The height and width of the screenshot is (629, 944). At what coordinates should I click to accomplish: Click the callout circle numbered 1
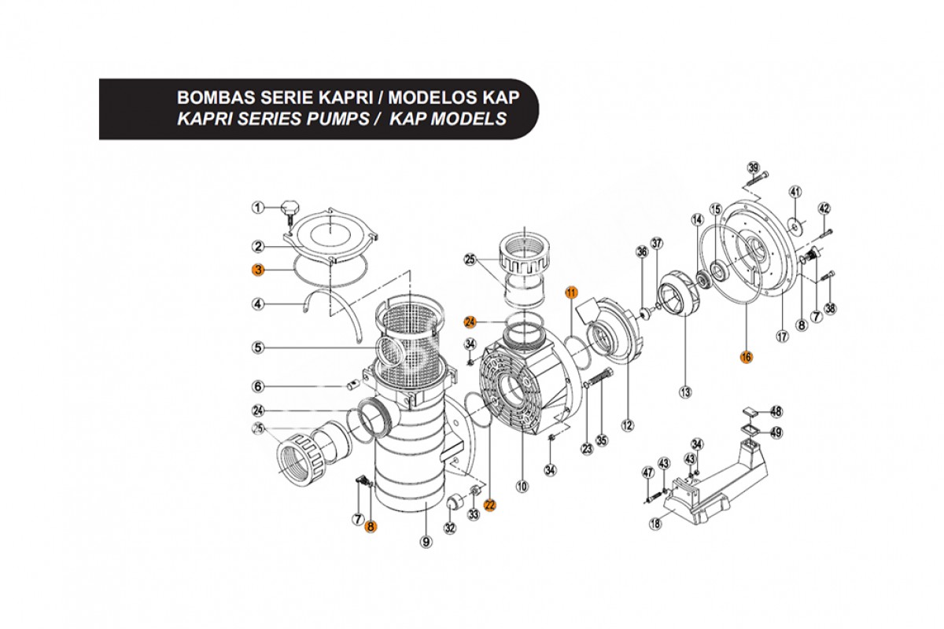(x=257, y=208)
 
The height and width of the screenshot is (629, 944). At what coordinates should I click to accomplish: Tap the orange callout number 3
(x=257, y=270)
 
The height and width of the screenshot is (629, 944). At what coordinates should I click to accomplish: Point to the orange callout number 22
(x=490, y=506)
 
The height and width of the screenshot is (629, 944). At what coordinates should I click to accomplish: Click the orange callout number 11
(x=571, y=292)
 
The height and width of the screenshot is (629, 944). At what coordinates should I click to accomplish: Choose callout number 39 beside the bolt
(x=754, y=168)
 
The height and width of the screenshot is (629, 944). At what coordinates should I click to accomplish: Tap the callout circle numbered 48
(x=776, y=411)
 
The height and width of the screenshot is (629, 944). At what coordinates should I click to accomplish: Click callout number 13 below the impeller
(x=686, y=391)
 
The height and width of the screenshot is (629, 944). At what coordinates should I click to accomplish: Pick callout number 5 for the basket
(x=257, y=347)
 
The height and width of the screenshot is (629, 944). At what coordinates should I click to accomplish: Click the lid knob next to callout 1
(x=290, y=210)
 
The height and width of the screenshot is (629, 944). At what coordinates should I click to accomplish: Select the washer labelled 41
(x=796, y=226)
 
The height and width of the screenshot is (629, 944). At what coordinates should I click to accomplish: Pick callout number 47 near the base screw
(x=648, y=473)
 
